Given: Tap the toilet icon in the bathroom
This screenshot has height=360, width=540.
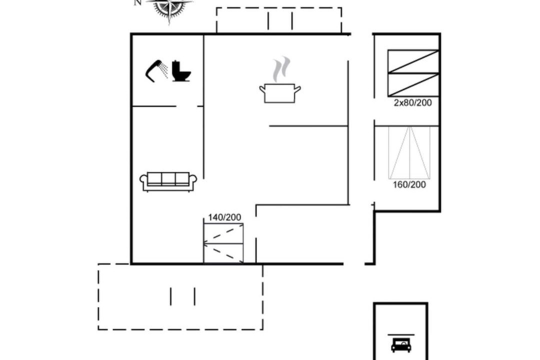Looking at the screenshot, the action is click(181, 71).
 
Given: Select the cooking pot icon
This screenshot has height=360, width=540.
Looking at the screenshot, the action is click(279, 93).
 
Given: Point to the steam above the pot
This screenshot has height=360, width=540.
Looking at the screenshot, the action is click(281, 69).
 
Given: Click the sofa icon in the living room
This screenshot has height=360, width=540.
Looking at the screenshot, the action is click(168, 181).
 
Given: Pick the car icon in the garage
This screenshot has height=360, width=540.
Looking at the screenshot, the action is click(401, 345).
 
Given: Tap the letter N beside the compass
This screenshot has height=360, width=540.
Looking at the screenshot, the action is click(138, 2).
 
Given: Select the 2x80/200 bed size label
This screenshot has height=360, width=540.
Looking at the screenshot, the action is click(412, 102).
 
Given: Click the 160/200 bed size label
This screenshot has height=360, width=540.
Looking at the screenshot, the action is click(409, 184).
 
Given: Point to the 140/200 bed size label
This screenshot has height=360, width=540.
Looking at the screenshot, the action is click(224, 217).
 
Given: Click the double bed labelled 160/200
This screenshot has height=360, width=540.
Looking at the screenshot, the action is click(409, 152).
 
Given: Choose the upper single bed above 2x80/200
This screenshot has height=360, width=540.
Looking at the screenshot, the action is click(413, 61).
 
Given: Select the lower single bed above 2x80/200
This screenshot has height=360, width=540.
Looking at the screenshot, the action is click(413, 84).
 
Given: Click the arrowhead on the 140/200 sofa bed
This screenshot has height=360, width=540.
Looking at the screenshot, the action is click(206, 244).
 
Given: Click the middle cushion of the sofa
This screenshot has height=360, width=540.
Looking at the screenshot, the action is click(168, 178).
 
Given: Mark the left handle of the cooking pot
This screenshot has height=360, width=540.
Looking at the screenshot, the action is click(262, 89).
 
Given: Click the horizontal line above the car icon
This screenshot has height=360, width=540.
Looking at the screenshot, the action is click(401, 334).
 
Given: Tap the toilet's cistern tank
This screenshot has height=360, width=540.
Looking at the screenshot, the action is click(176, 65).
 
